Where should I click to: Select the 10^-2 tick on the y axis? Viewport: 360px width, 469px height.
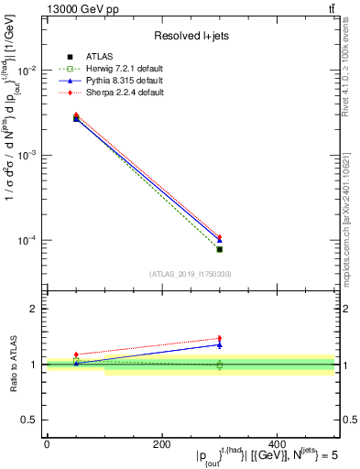tap(30, 71)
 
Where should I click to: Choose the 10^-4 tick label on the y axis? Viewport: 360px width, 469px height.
tap(30, 241)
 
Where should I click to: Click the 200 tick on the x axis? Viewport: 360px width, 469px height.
tap(161, 443)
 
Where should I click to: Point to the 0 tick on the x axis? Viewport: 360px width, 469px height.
tap(47, 443)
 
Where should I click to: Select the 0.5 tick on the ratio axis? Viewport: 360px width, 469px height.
tap(33, 420)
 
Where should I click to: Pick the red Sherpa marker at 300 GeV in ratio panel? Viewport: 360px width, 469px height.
tap(219, 338)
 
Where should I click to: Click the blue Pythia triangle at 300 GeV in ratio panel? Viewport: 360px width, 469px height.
tap(219, 344)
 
